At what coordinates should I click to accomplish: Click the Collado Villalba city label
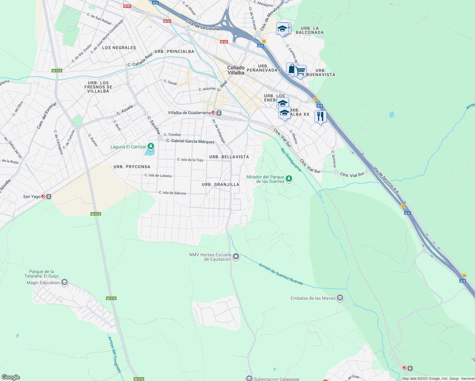[236, 70]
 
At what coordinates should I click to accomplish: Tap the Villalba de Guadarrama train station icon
[219, 113]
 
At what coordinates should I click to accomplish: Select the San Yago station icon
[49, 197]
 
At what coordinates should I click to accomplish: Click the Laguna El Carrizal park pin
[151, 146]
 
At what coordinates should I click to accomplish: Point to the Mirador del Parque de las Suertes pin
[289, 179]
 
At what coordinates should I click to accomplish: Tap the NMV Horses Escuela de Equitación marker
[236, 256]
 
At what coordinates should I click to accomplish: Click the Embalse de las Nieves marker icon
[340, 298]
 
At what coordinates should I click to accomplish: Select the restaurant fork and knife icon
[320, 117]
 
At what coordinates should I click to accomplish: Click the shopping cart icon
[300, 71]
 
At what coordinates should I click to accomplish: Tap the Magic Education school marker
[64, 282]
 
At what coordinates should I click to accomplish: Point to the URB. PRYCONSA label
[132, 167]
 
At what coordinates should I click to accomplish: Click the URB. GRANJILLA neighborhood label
[220, 184]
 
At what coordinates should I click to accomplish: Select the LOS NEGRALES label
[119, 48]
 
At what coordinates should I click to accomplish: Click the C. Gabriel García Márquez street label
[190, 141]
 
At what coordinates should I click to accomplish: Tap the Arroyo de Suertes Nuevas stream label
[281, 274]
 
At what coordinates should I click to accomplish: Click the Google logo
[10, 377]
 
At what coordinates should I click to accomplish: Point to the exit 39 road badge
[264, 41]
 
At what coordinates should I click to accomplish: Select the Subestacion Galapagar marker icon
[249, 378]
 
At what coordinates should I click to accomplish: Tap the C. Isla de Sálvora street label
[172, 193]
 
